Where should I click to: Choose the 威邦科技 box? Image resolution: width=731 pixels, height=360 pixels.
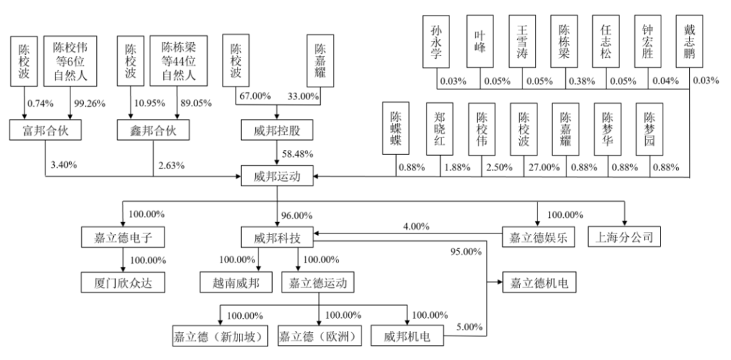click(x=276, y=237)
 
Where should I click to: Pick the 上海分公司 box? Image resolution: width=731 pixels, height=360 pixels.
click(x=624, y=237)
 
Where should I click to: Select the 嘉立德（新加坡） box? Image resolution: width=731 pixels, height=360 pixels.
click(x=218, y=336)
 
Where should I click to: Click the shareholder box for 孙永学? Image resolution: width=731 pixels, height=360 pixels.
click(x=437, y=42)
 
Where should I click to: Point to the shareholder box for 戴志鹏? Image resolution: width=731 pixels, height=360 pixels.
click(x=690, y=42)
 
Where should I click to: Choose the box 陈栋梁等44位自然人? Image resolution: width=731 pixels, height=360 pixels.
click(x=178, y=61)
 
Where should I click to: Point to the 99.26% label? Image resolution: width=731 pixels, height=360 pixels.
click(x=87, y=104)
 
